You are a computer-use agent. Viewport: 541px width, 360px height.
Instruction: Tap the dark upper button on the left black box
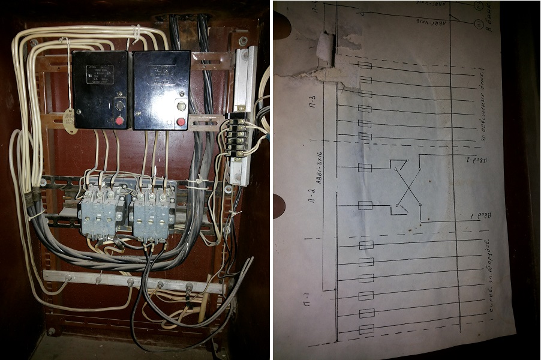[119, 106]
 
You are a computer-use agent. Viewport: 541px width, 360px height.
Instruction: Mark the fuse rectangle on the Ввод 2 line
[364, 167]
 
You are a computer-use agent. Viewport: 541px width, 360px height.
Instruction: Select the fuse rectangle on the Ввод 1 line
[364, 206]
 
